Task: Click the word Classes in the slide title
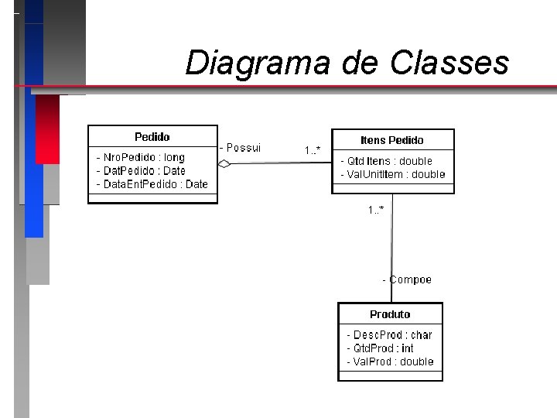coord(449,63)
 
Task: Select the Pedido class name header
coord(152,137)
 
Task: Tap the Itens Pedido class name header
coord(392,140)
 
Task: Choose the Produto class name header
coord(390,314)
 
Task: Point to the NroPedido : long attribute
coord(141,157)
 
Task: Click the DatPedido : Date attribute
coord(141,170)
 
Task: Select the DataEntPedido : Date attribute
coord(152,183)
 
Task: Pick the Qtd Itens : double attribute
coord(387,161)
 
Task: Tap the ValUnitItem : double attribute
coord(393,174)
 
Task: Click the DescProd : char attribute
coord(389,335)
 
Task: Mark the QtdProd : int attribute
coord(380,348)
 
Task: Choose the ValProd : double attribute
coord(390,361)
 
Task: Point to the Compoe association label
coord(408,279)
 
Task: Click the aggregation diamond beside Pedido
coord(224,163)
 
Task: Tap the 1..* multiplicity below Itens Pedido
coord(376,209)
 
